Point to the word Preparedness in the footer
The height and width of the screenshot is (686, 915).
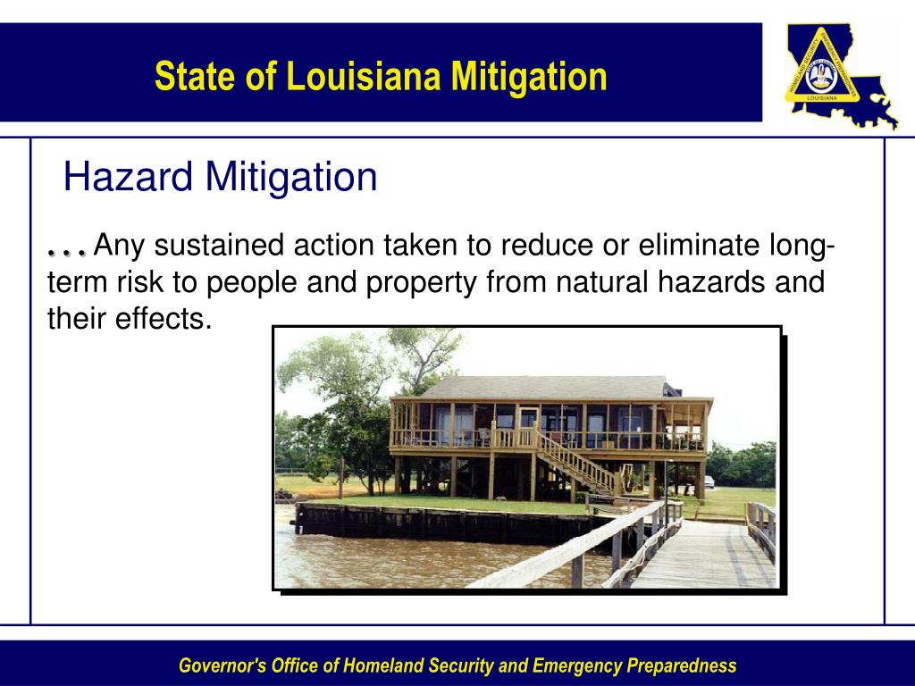(682, 665)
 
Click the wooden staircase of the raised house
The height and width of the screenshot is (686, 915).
(576, 461)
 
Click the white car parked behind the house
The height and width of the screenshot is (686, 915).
(709, 481)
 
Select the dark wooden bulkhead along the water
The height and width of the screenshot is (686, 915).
(429, 522)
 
